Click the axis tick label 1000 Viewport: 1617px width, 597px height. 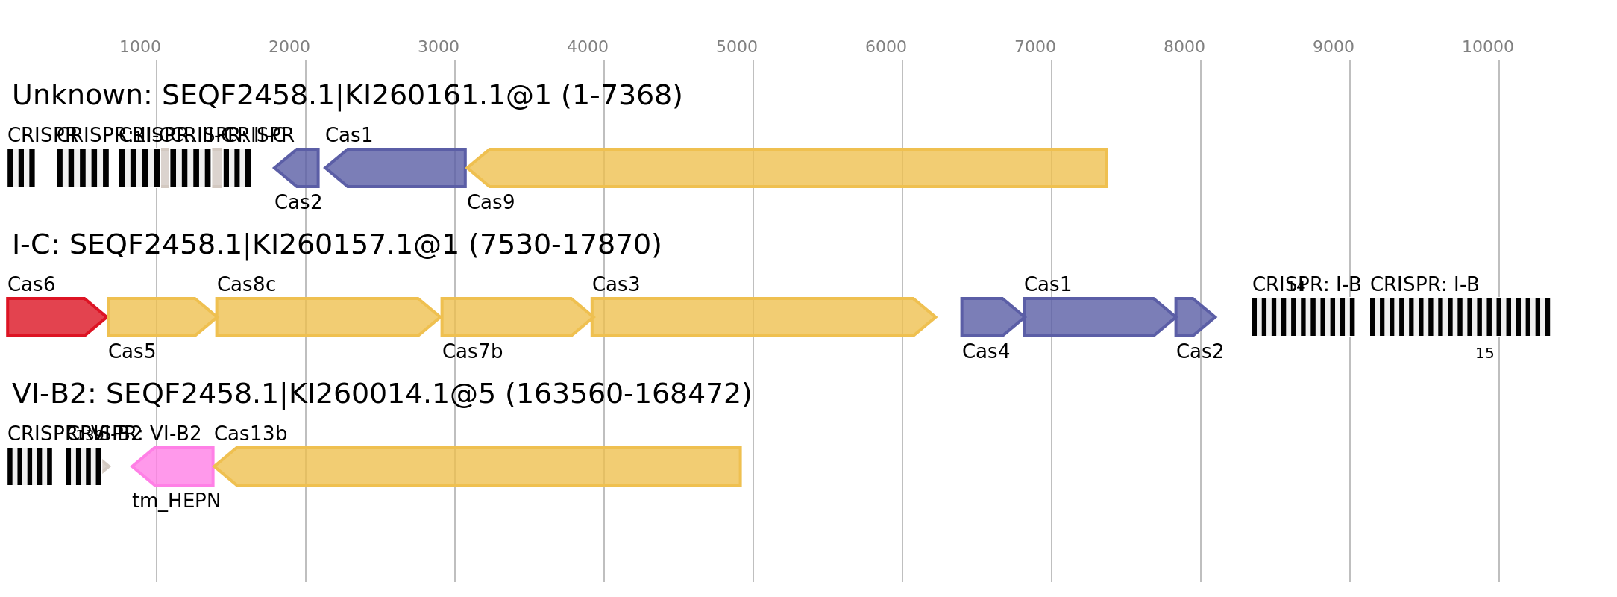[x=139, y=47]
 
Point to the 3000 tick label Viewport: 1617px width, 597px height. [x=438, y=47]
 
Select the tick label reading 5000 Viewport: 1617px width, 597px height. [x=736, y=47]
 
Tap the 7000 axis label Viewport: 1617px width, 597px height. [x=1034, y=47]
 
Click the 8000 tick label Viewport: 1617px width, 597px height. [x=1184, y=47]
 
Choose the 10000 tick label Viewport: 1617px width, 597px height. [x=1487, y=47]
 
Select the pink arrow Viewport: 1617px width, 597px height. [x=175, y=466]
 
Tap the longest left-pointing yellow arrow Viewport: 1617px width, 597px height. [x=791, y=168]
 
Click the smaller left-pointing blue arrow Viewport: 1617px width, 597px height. [x=298, y=168]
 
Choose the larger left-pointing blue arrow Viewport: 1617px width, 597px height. [x=399, y=168]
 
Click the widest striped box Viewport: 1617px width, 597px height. [x=1460, y=317]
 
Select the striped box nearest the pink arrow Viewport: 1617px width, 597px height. [x=84, y=466]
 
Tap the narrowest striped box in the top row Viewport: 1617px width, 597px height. [x=21, y=168]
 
